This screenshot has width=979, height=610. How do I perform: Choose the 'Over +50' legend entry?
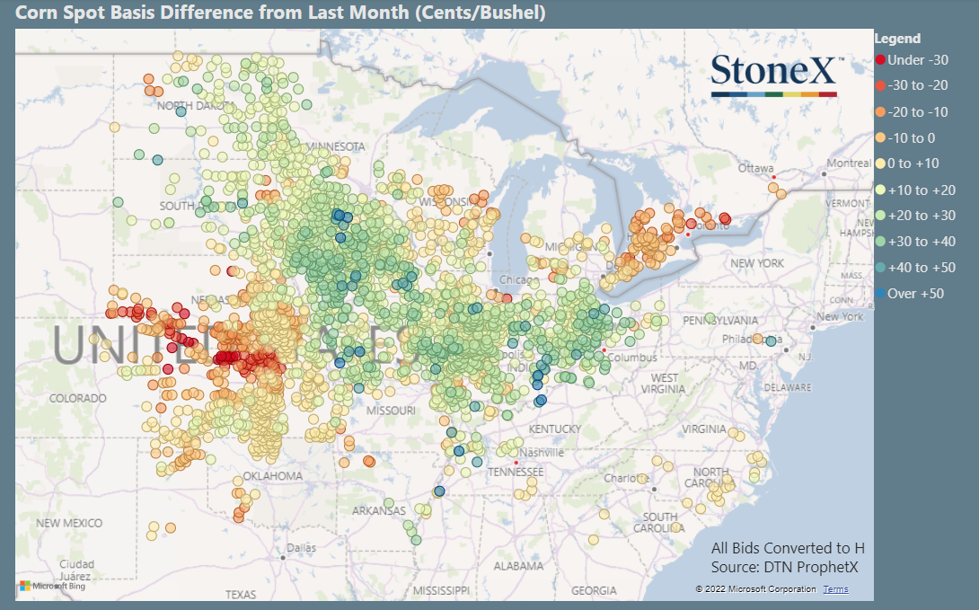914,294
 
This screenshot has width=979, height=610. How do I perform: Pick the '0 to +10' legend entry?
912,164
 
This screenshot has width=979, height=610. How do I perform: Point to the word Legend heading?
897,39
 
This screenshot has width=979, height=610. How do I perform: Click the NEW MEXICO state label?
69,523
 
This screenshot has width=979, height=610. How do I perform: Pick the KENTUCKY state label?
554,429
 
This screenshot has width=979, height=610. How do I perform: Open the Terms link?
835,589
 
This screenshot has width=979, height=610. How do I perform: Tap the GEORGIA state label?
594,590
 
